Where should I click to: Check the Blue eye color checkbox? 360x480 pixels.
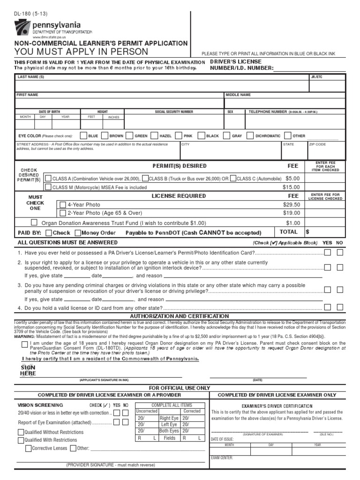83,136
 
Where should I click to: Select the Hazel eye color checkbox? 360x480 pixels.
154,136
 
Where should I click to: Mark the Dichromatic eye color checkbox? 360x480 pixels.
250,136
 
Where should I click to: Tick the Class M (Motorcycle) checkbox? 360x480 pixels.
47,187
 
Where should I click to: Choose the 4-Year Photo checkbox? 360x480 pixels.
63,205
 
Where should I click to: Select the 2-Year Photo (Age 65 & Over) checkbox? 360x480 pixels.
63,213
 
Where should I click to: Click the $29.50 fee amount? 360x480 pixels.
291,205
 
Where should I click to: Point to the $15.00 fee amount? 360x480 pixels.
291,187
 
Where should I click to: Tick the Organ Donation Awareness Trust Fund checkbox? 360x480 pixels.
36,223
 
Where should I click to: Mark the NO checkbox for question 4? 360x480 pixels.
340,307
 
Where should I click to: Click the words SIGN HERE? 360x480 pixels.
28,370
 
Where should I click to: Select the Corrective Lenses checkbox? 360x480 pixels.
28,448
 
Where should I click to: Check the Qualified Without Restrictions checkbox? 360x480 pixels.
20,432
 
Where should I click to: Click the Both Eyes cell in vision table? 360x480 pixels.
169,431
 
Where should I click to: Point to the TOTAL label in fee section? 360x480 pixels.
289,232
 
